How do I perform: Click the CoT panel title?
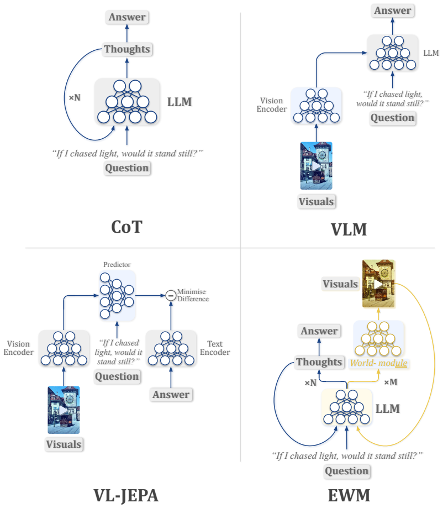126,227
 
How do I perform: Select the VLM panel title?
349,230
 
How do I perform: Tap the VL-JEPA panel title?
126,495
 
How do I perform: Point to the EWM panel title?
349,495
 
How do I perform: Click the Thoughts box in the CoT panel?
127,49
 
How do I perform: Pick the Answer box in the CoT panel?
127,17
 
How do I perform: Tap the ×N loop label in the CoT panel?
75,97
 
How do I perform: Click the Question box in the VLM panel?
393,118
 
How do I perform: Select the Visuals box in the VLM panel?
316,202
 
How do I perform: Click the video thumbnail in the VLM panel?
316,165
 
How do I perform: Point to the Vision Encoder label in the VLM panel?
271,105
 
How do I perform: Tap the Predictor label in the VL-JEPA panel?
117,265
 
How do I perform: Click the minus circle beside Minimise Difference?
171,296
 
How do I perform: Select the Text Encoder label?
215,348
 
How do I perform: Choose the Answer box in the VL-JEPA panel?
171,395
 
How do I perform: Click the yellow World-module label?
378,363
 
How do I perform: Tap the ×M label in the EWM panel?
391,383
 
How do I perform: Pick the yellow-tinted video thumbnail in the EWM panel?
378,284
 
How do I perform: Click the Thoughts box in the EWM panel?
319,362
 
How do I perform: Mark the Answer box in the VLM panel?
393,11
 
